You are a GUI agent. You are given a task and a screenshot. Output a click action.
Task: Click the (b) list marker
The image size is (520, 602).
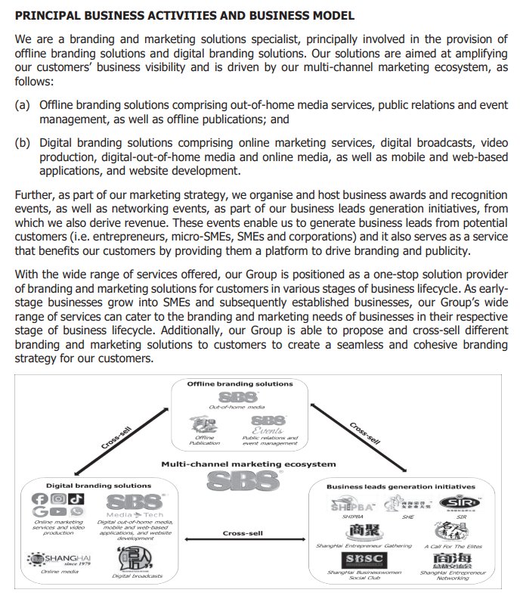[23, 141]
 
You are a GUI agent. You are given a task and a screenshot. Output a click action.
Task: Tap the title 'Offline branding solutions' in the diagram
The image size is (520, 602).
[240, 383]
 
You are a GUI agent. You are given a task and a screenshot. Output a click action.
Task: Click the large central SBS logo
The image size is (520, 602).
[240, 479]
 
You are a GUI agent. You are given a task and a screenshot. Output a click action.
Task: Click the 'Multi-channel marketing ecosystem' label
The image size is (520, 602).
[240, 462]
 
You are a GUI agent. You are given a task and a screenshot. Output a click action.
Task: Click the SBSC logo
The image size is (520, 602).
[365, 559]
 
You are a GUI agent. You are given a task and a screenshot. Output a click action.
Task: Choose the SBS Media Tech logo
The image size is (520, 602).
[135, 505]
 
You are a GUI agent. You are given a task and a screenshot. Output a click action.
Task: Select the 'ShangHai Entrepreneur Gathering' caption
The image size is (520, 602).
[364, 545]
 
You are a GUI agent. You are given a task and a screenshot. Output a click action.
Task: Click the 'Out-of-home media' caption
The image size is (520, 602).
[231, 408]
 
